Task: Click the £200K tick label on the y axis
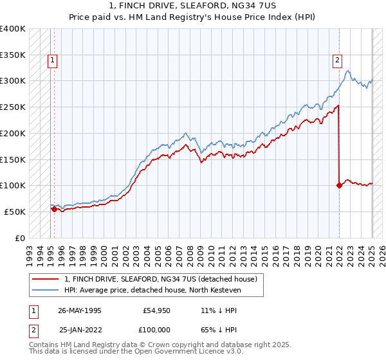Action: point(13,133)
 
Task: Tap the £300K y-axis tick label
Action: point(13,81)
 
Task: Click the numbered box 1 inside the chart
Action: point(52,61)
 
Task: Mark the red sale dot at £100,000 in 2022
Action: point(338,186)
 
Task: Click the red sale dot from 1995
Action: point(54,209)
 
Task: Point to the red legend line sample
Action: point(46,279)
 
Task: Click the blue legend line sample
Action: point(46,290)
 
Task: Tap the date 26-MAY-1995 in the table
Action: point(79,310)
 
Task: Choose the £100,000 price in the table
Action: point(156,330)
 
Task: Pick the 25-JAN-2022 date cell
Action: point(79,330)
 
